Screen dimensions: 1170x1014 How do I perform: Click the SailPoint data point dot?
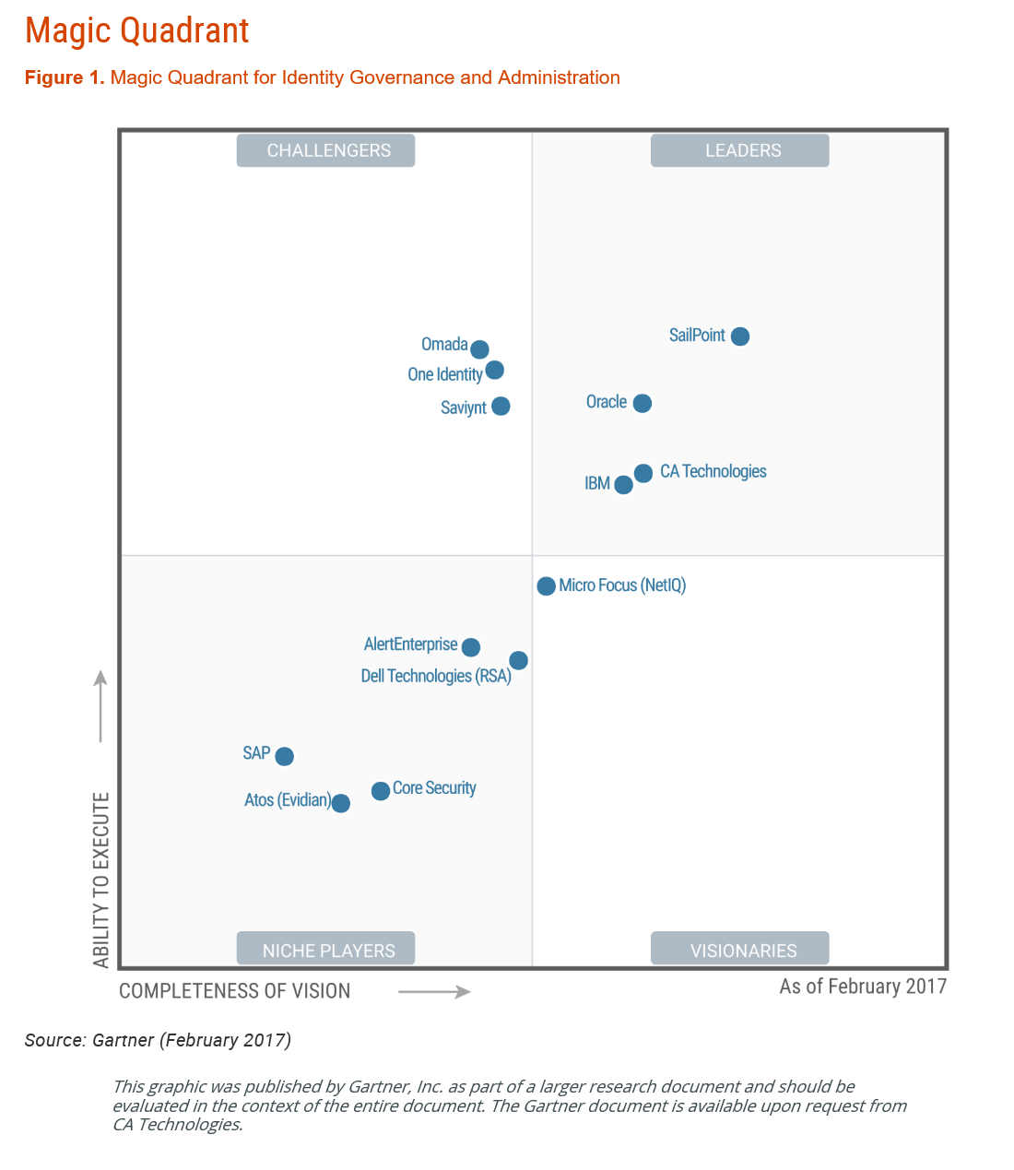(x=739, y=337)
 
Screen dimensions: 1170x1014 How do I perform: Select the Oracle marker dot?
(x=643, y=403)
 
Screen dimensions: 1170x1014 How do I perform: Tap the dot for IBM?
(x=623, y=485)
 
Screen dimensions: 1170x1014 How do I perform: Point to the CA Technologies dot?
(x=643, y=473)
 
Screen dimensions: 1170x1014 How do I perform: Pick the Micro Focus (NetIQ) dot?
(x=546, y=586)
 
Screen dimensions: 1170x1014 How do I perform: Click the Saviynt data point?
(x=501, y=407)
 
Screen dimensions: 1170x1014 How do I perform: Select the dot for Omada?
(x=479, y=349)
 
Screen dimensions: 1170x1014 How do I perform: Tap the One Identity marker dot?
(x=494, y=371)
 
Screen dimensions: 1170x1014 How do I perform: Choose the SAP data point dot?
(x=285, y=756)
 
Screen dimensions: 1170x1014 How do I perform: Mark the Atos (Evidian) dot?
(x=340, y=803)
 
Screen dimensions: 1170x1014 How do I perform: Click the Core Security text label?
(x=434, y=788)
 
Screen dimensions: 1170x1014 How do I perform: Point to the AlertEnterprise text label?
(x=410, y=644)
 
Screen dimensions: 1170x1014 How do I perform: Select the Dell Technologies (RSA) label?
(x=436, y=676)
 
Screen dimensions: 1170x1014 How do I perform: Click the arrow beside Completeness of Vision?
(x=434, y=992)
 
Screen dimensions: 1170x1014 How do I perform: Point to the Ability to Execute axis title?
(x=101, y=880)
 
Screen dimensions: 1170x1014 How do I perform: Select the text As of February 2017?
(x=863, y=987)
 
